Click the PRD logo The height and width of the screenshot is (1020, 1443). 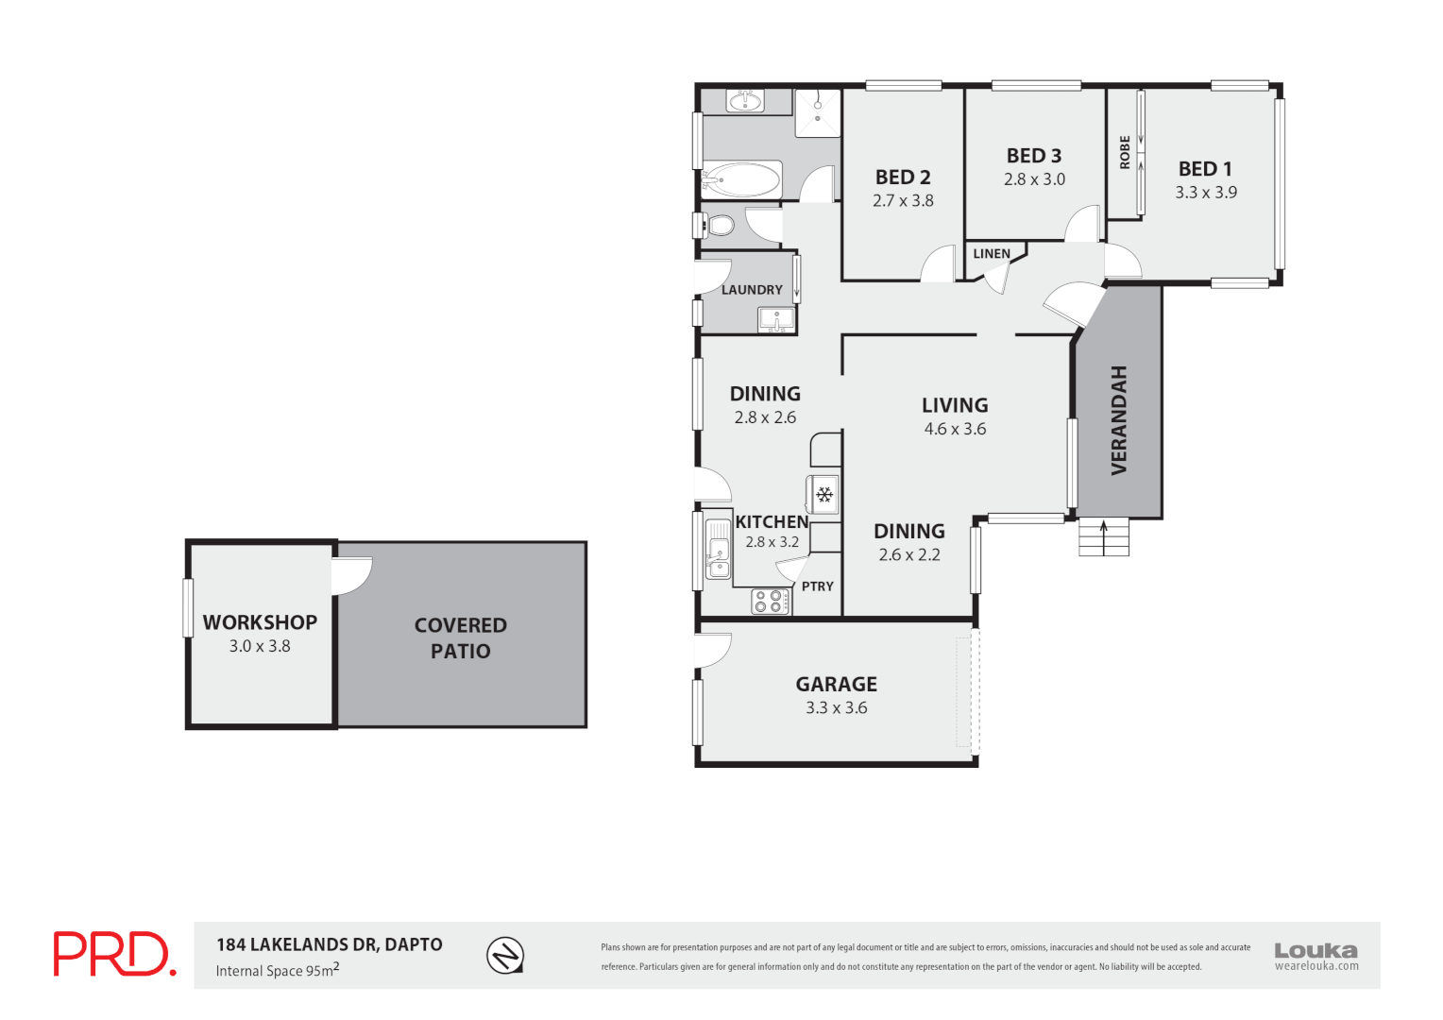tap(113, 954)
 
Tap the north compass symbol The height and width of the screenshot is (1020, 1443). tap(505, 956)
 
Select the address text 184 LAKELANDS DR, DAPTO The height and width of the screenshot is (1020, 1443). tap(329, 944)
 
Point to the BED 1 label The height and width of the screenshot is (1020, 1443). tap(1205, 169)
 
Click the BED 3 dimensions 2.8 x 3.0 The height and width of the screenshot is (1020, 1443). tap(1034, 179)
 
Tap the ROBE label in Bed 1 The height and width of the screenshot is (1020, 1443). tap(1125, 152)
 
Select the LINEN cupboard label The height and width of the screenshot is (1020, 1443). tap(992, 254)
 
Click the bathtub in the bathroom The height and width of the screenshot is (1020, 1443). tap(743, 179)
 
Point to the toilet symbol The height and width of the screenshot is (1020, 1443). tap(720, 226)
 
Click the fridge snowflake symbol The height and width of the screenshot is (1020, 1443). tap(824, 495)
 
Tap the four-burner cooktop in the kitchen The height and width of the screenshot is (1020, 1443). tap(772, 602)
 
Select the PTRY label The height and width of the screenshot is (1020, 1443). tap(818, 586)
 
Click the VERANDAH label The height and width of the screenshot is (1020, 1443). tap(1119, 420)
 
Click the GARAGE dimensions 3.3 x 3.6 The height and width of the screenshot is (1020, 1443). tap(836, 708)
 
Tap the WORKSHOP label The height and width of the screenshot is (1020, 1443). tap(260, 622)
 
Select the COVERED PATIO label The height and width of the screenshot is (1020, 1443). tap(461, 637)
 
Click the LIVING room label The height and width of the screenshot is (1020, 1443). tap(955, 405)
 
